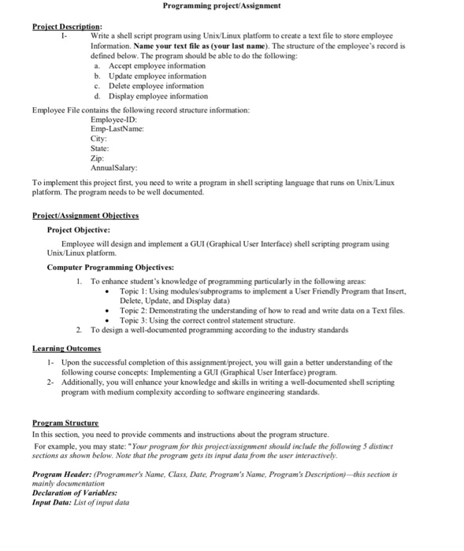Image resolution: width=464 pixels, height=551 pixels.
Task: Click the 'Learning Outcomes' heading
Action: pyautogui.click(x=66, y=349)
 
